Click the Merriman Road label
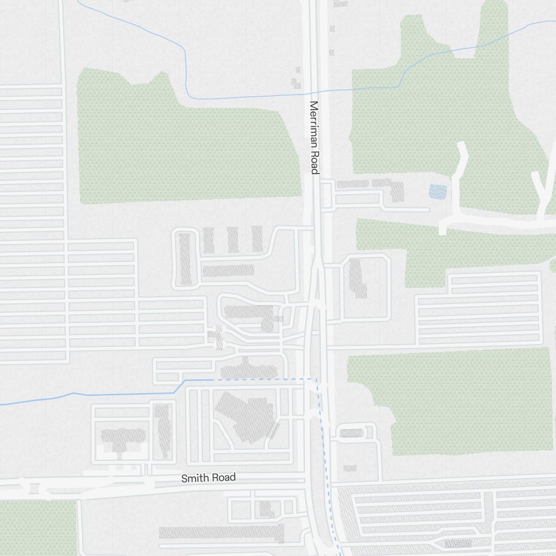[314, 137]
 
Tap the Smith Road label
[209, 478]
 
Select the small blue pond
[438, 192]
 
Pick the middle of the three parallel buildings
[232, 239]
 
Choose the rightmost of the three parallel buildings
[257, 238]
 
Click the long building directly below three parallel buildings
[228, 271]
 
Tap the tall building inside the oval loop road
[185, 259]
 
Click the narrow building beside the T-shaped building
[162, 431]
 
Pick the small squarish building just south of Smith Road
[266, 509]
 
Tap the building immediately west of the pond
[396, 191]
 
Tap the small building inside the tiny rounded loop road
[351, 433]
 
